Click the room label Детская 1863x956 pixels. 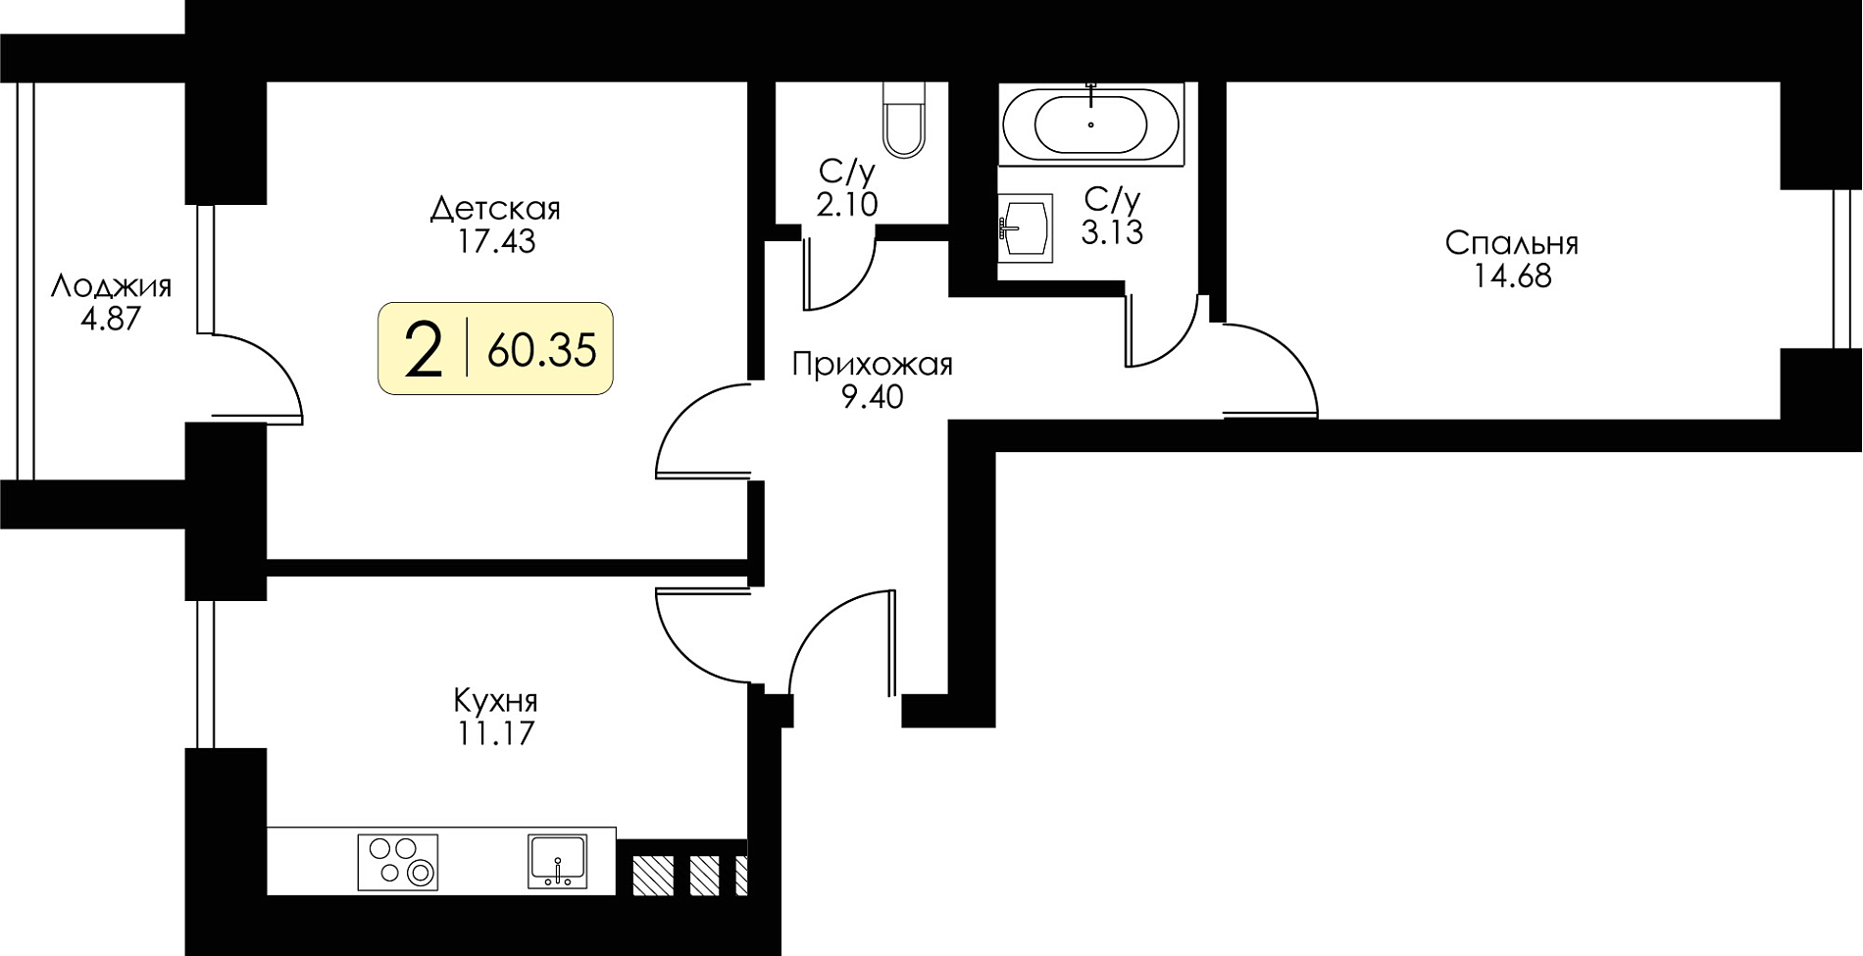pos(495,209)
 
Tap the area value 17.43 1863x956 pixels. pos(496,241)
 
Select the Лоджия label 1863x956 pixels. pos(111,286)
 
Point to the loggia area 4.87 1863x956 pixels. pos(111,319)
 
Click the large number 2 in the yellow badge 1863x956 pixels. pos(424,351)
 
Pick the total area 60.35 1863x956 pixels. pos(541,350)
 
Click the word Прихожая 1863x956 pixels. pos(872,365)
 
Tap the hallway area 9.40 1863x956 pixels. pos(873,397)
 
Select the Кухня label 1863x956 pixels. pos(495,701)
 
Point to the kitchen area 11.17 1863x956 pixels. pos(495,733)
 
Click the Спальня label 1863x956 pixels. pos(1512,243)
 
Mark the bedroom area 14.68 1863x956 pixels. pos(1512,277)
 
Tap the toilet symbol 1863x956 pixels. pos(903,119)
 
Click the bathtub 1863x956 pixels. pos(1090,126)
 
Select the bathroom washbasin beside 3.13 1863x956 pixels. pos(1026,227)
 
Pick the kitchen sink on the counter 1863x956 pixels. pos(557,861)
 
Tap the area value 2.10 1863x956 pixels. pos(846,205)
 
